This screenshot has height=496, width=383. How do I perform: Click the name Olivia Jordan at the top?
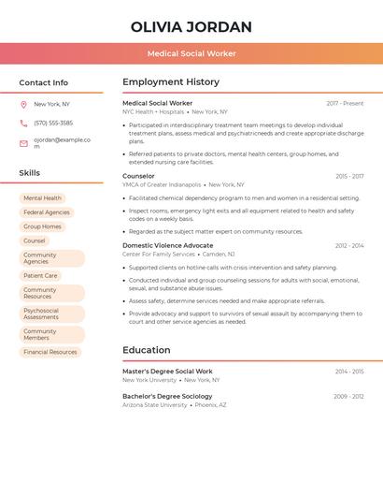tap(191, 26)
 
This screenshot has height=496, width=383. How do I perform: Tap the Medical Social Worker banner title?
tap(191, 54)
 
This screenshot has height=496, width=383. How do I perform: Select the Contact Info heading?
tap(44, 82)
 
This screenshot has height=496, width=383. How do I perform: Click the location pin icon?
tap(23, 105)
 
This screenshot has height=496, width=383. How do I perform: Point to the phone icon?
tap(23, 124)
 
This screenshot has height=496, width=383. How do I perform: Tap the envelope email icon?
tap(23, 143)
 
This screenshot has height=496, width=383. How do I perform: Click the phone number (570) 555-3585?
tap(53, 124)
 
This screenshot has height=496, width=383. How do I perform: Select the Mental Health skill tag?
tap(42, 198)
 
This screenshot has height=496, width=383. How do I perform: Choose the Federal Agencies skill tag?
tap(47, 212)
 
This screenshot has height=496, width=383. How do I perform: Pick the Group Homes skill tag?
tap(42, 226)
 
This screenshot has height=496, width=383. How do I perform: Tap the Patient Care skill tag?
tap(40, 276)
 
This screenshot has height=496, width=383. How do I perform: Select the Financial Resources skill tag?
tap(50, 352)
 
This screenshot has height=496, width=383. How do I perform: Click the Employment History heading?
tap(171, 82)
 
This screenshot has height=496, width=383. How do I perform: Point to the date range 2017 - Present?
tap(345, 103)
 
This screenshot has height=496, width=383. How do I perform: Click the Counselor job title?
tap(138, 176)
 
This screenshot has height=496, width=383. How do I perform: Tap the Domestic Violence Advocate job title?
tap(167, 245)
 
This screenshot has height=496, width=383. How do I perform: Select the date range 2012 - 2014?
tap(349, 245)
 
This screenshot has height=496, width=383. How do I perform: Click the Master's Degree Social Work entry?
tap(167, 372)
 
